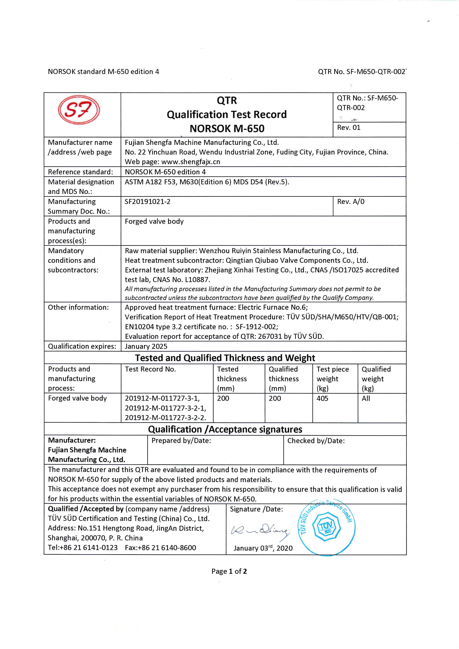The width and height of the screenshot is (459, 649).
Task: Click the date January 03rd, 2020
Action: point(263,548)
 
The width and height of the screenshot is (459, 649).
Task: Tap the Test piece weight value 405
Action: point(322,399)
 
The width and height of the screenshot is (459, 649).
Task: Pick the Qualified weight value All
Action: point(366,399)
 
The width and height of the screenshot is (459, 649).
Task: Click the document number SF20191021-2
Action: point(148,202)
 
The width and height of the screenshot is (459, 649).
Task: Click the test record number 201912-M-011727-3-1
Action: point(162,399)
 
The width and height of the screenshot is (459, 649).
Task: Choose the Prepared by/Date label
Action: point(181,441)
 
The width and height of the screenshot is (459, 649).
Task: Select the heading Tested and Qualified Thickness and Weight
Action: point(225,358)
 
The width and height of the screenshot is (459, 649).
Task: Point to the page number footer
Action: point(229,571)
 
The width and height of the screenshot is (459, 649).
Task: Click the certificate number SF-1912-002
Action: point(256,327)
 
